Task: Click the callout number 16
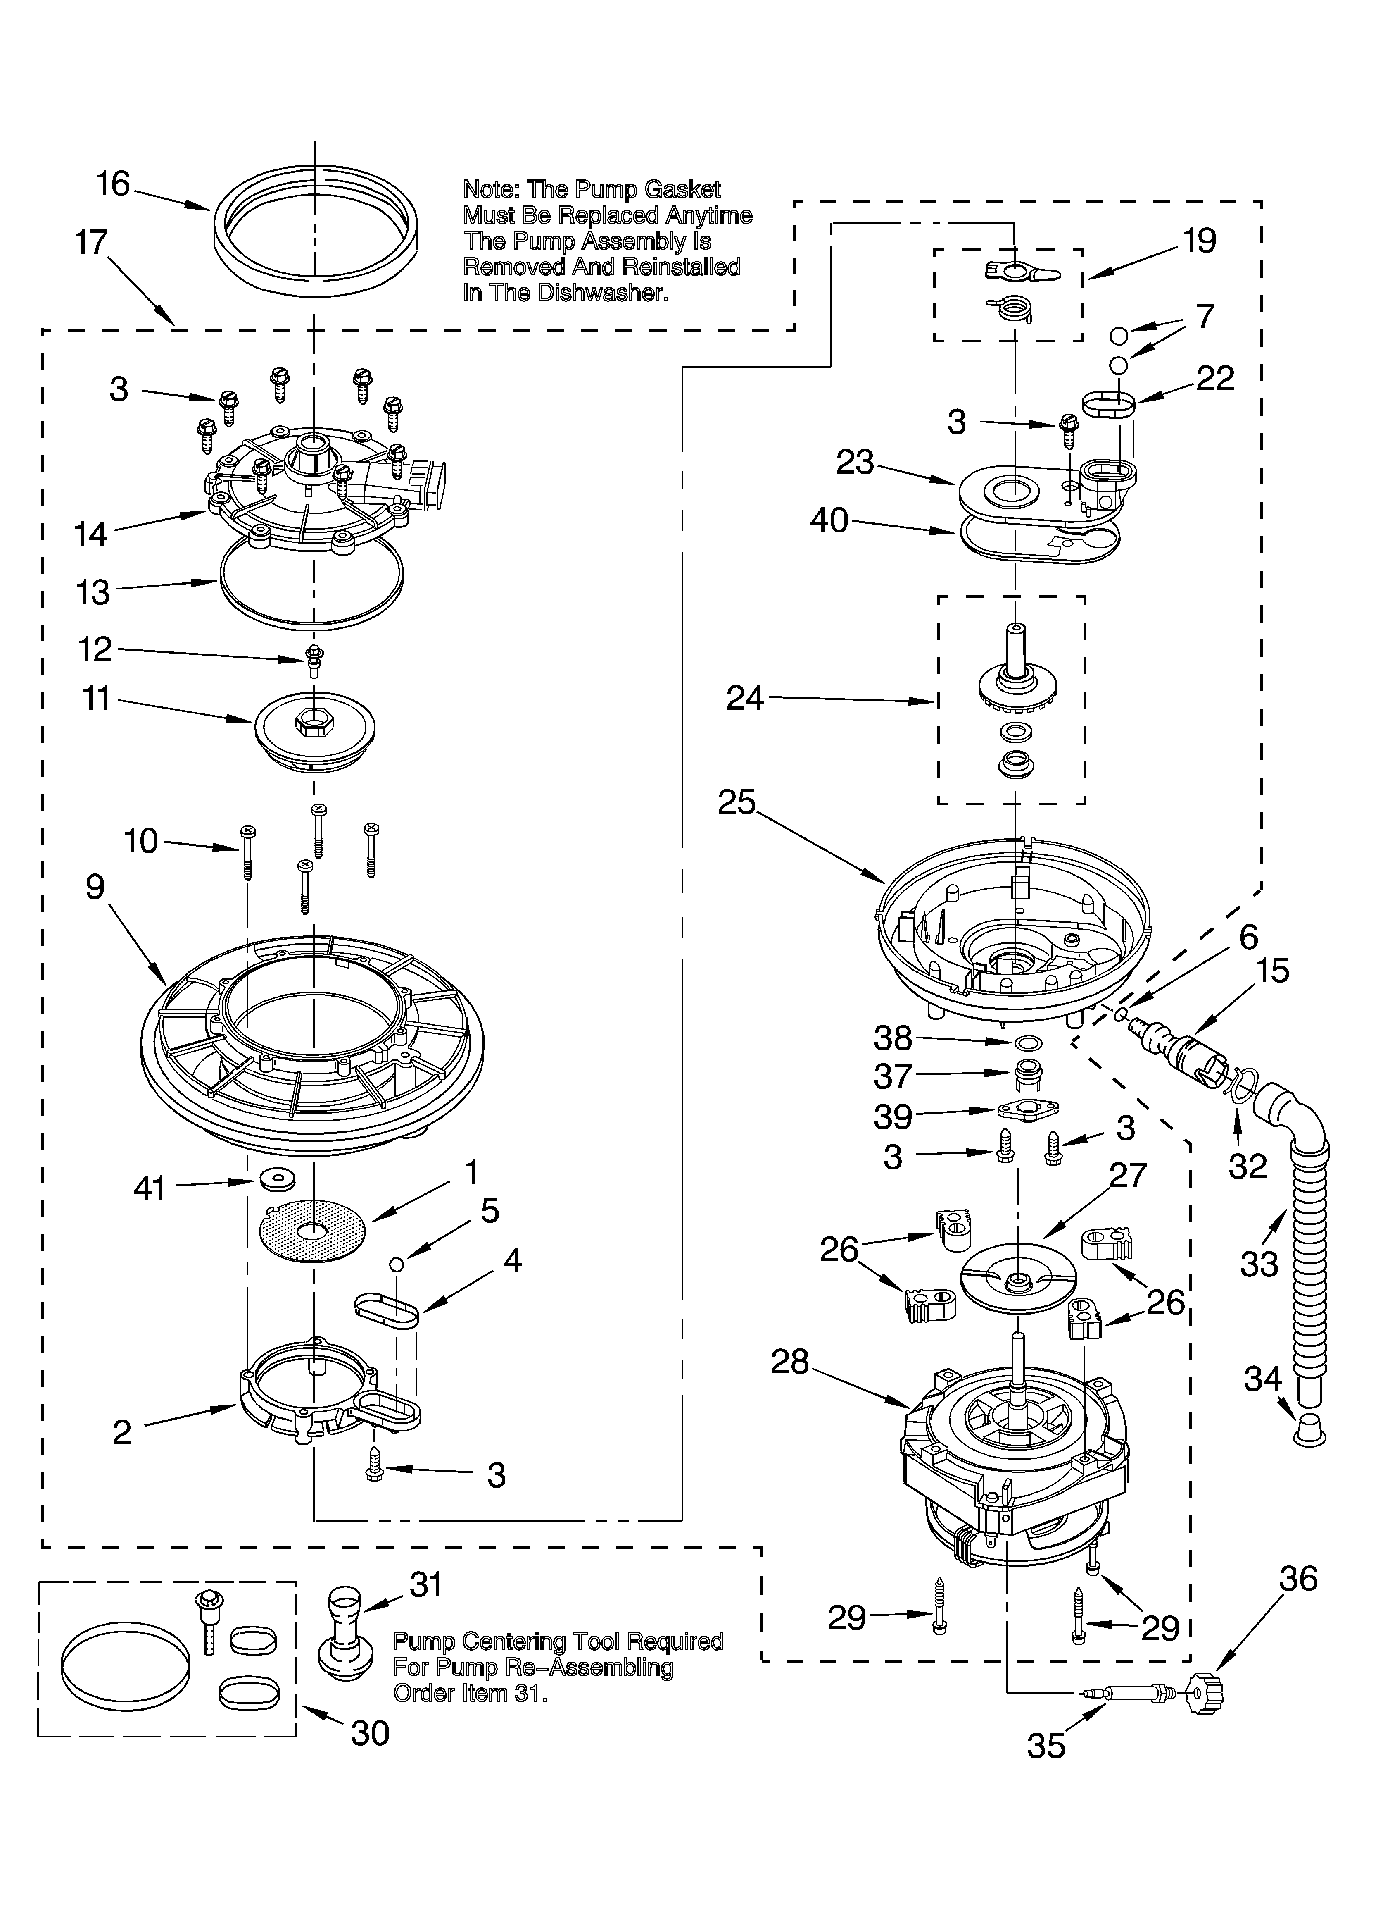coord(113,184)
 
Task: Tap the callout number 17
coord(91,243)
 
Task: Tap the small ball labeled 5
coord(397,1264)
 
